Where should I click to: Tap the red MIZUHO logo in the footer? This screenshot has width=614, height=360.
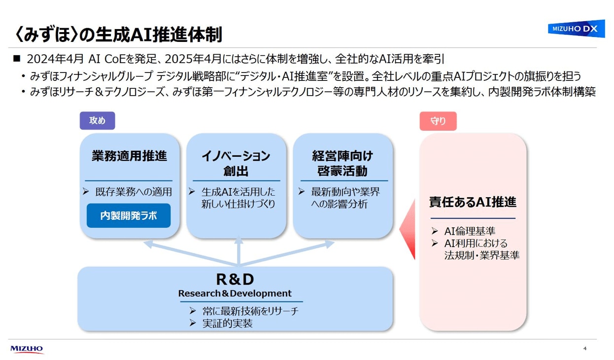pos(27,349)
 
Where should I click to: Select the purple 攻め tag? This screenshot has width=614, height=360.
pos(97,121)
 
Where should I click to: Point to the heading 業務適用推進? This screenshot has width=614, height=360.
pos(129,156)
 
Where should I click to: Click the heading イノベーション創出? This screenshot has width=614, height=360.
pos(236,164)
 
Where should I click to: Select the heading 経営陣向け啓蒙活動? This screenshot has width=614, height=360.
pos(342,164)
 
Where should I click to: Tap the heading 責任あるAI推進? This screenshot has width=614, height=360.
pos(472,202)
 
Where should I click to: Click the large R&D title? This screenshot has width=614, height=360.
pos(235,280)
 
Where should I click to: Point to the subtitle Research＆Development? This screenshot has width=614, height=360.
pos(235,293)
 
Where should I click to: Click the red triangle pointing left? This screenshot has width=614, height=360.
pos(408,229)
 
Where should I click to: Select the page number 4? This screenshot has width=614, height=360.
pos(585,349)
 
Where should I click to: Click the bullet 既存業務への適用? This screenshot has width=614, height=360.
pos(134,192)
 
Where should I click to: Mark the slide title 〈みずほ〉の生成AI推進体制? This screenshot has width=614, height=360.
pos(118,35)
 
